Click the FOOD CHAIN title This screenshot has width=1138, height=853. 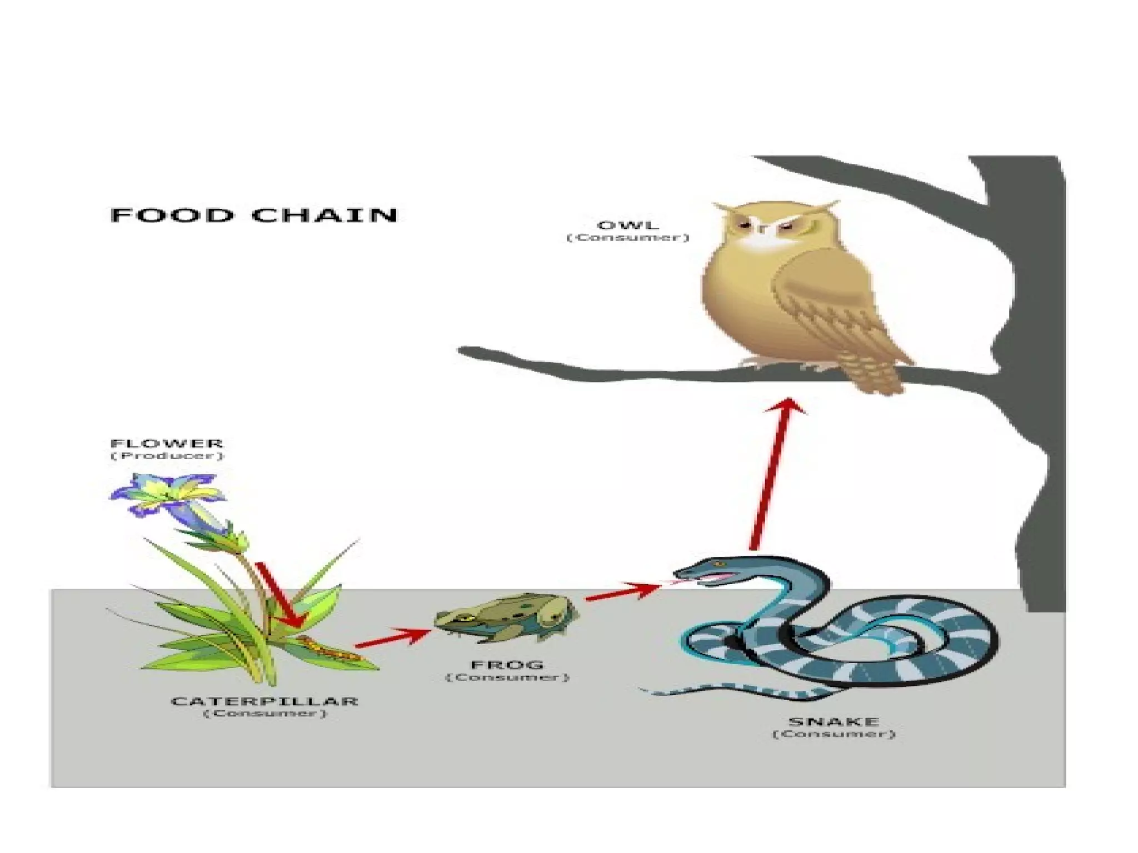[254, 215]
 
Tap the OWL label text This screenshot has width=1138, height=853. [628, 225]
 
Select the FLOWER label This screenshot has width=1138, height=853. [167, 443]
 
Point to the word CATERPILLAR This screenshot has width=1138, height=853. [264, 701]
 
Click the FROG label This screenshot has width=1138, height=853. [507, 665]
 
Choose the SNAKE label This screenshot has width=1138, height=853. [833, 722]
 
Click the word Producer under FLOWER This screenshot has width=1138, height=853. [167, 456]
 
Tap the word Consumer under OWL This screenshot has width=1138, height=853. [628, 238]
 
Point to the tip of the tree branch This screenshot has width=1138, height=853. [464, 352]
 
